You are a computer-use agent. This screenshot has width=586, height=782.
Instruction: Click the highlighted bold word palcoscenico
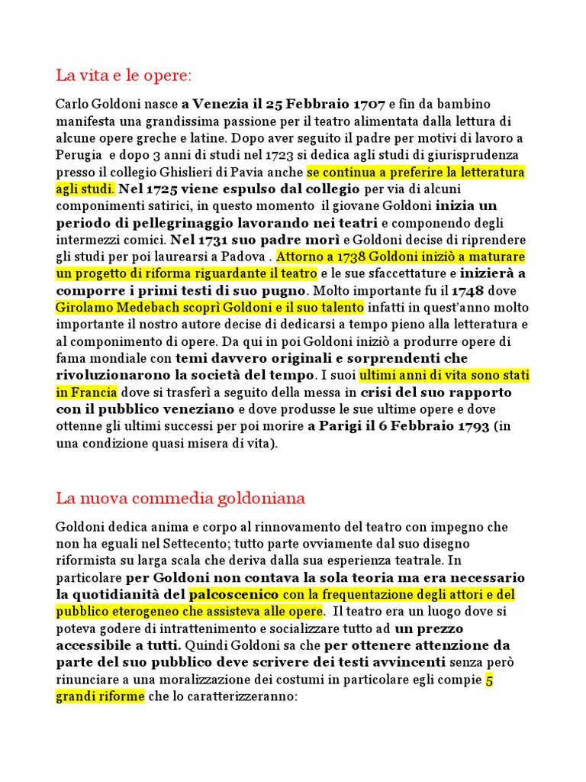[x=234, y=594]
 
